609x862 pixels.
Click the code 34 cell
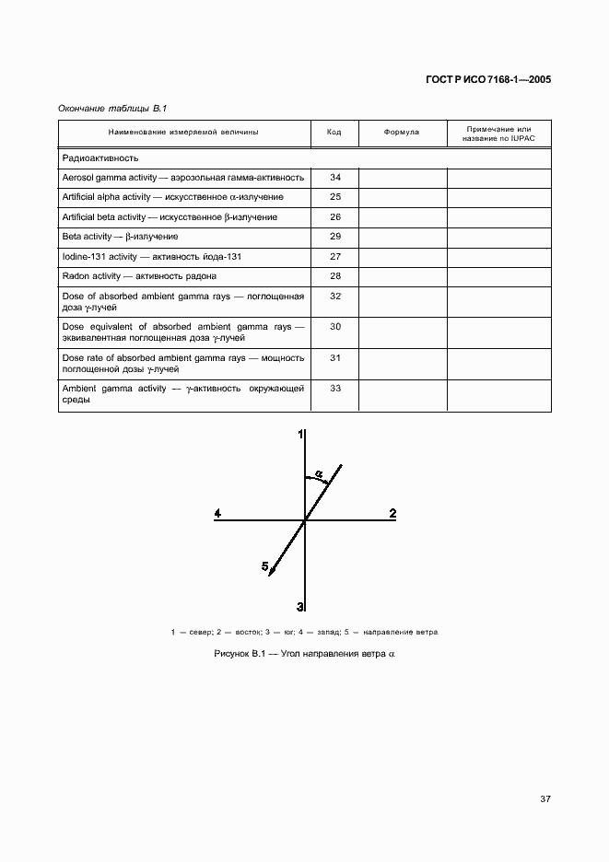tap(334, 177)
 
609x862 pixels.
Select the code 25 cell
tap(334, 197)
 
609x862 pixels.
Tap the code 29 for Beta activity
tap(334, 237)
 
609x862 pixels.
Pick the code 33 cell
tap(334, 389)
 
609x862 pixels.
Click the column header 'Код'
tap(334, 133)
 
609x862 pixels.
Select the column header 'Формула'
tap(401, 133)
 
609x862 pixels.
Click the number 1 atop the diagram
tap(300, 434)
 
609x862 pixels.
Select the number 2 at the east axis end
tap(392, 513)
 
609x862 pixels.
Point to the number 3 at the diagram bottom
tap(300, 606)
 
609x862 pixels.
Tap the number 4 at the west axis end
tap(217, 513)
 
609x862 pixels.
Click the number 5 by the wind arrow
tap(264, 566)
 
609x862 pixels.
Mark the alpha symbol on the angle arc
tap(319, 473)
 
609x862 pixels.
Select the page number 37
tap(545, 799)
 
